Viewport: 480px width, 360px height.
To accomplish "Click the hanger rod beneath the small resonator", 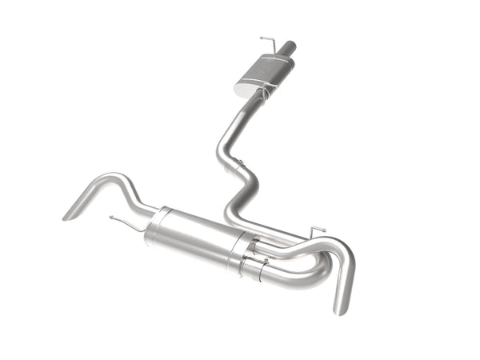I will [260, 95].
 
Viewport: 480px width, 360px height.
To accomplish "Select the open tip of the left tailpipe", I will [69, 214].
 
